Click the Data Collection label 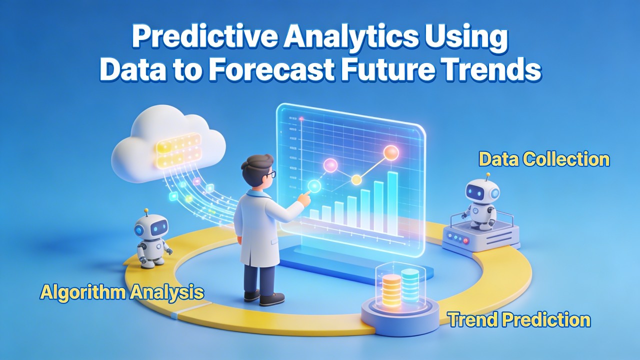[544, 159]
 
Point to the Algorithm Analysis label [122, 292]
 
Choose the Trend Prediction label [519, 319]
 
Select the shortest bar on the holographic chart [314, 215]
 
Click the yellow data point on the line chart [356, 179]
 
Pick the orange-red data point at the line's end [390, 152]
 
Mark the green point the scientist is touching [314, 186]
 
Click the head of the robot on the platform [482, 192]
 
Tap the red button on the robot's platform [466, 240]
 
